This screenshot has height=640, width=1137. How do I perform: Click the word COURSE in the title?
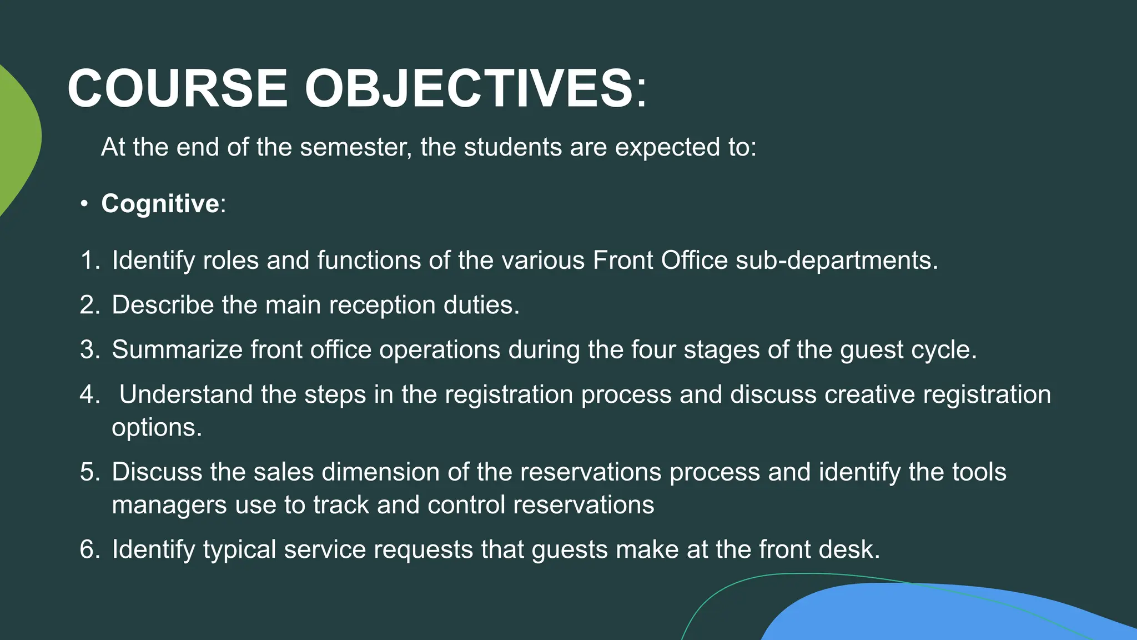177,88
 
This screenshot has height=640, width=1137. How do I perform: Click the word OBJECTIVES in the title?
469,88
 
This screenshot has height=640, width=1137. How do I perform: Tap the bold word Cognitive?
160,203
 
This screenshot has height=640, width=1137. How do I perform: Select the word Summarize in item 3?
177,350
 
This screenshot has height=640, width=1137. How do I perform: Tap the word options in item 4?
156,428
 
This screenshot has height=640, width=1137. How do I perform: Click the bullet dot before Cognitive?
84,204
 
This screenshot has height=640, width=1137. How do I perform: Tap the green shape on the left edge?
17,139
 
